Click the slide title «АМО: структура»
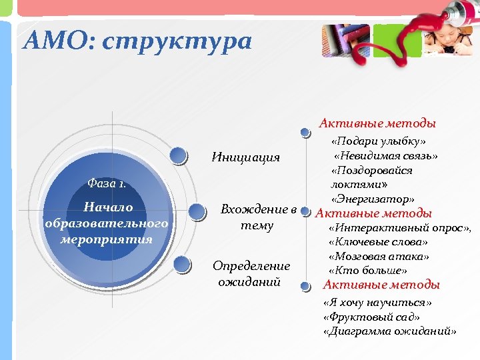click(137, 41)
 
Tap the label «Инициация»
click(245, 157)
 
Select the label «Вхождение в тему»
click(259, 217)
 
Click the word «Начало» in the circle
click(107, 207)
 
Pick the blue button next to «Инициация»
click(178, 155)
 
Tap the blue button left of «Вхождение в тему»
click(197, 212)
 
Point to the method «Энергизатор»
click(373, 199)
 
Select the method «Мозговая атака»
click(379, 256)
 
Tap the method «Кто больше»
click(368, 270)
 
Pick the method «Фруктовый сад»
click(371, 317)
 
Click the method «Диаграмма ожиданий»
click(389, 331)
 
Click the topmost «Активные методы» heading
click(377, 123)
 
